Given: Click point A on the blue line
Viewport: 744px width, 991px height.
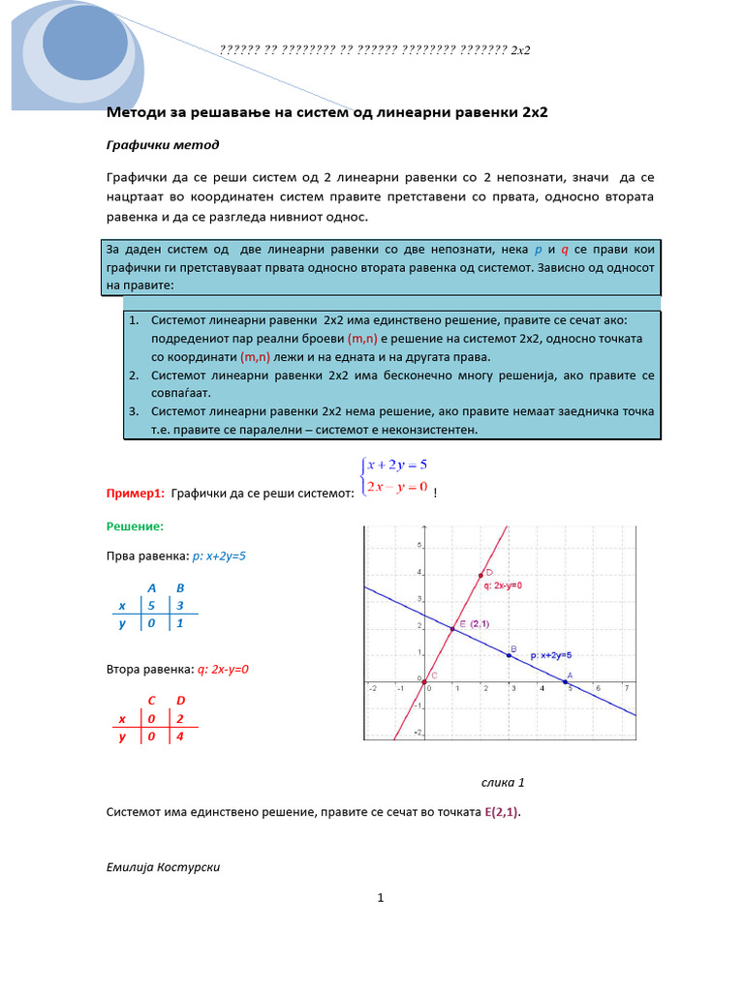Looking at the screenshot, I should click(567, 682).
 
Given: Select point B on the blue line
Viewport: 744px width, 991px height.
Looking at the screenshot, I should click(510, 655).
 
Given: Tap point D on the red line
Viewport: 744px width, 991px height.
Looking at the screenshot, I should click(480, 576).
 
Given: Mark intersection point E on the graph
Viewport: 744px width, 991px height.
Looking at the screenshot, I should click(452, 629).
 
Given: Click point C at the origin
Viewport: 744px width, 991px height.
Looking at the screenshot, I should click(424, 682).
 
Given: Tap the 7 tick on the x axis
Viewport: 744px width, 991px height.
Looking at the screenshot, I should click(627, 689).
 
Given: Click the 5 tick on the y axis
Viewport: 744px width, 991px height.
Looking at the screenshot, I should click(418, 546).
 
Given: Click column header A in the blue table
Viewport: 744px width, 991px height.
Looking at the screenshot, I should click(151, 587).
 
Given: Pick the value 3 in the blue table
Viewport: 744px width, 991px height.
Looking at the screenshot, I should click(180, 605).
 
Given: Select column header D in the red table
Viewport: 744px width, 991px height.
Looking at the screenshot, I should click(180, 700).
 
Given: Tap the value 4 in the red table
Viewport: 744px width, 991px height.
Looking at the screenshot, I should click(180, 736).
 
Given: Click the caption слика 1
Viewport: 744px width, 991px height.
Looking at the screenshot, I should click(503, 782).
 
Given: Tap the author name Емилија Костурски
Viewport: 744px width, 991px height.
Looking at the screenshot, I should click(163, 866).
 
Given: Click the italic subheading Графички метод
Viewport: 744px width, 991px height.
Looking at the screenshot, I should click(162, 145).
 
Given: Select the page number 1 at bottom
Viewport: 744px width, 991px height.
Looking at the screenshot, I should click(381, 898).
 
